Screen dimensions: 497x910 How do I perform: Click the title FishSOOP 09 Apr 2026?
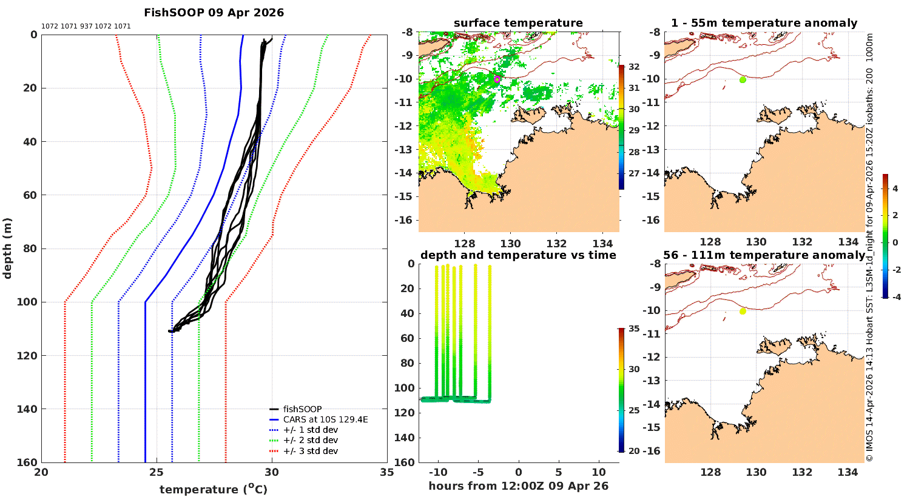(x=214, y=13)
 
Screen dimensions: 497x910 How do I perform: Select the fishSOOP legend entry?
(x=302, y=409)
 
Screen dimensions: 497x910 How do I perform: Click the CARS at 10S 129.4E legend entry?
(x=325, y=419)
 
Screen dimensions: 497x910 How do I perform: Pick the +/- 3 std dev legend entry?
(x=310, y=451)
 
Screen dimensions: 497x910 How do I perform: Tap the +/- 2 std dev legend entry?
(x=310, y=441)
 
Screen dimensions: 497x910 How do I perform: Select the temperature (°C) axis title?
(x=214, y=489)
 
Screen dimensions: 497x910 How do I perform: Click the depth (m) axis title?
(x=8, y=248)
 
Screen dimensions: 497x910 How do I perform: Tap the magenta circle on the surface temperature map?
(x=497, y=79)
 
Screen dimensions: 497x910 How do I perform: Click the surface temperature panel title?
(x=518, y=24)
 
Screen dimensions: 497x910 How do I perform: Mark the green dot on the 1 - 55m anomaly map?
(x=743, y=79)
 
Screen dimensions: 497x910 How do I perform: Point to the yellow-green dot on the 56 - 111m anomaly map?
(x=743, y=311)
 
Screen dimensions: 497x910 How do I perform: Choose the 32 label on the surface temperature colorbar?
(x=633, y=67)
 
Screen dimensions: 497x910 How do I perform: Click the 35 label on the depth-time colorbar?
(x=633, y=329)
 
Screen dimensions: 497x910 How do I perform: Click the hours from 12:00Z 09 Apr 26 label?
(x=518, y=486)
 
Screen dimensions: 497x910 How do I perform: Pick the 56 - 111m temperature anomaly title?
(x=764, y=255)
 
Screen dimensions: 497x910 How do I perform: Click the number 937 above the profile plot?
(x=86, y=27)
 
